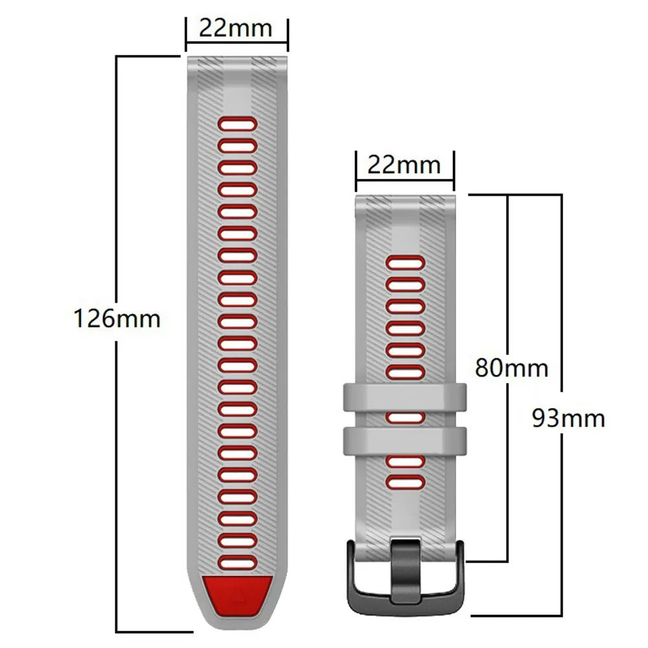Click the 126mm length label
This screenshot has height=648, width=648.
(117, 319)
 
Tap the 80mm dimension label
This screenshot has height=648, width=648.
(511, 367)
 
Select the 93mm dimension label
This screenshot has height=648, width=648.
(568, 418)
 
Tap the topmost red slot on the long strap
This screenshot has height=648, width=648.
(237, 124)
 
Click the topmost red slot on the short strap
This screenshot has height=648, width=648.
(406, 262)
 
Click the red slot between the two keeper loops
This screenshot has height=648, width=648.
(406, 418)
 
